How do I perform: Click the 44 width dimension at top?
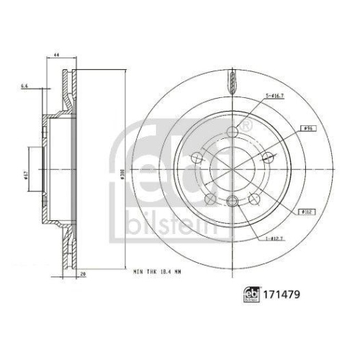tap(55, 55)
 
